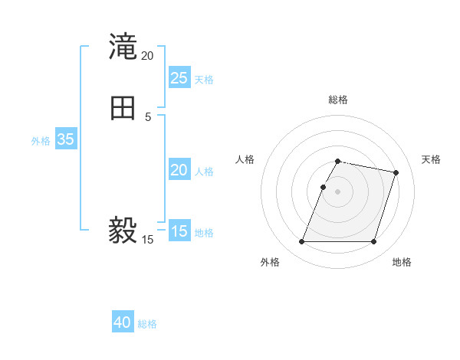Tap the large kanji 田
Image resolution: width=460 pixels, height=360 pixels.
tap(123, 109)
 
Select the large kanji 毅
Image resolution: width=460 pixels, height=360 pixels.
tap(123, 229)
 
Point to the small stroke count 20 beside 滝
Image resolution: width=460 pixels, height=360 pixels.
tap(147, 56)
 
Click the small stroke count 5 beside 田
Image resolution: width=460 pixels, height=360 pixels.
tap(148, 116)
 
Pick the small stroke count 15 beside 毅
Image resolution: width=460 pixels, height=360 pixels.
tap(147, 240)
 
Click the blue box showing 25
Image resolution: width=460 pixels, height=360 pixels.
tap(179, 78)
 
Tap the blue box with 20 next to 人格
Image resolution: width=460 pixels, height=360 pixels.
tap(179, 170)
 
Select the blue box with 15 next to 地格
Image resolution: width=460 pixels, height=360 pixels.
tap(179, 231)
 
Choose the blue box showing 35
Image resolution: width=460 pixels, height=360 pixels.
tap(65, 139)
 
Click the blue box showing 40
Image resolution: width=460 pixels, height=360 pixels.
tap(123, 322)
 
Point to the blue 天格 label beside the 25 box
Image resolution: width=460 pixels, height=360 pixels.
tap(204, 79)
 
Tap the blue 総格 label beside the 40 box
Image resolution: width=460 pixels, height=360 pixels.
tap(147, 324)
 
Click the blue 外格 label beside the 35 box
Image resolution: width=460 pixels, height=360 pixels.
tap(41, 141)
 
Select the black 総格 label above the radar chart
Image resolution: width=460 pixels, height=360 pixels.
tap(338, 100)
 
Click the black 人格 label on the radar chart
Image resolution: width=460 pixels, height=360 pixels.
tap(245, 159)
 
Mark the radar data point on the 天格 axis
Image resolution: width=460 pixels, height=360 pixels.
tap(396, 173)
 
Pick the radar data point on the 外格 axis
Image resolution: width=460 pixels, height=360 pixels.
tap(302, 242)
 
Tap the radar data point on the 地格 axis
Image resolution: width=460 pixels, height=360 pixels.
tap(373, 242)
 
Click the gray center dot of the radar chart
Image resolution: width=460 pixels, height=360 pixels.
tap(338, 191)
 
